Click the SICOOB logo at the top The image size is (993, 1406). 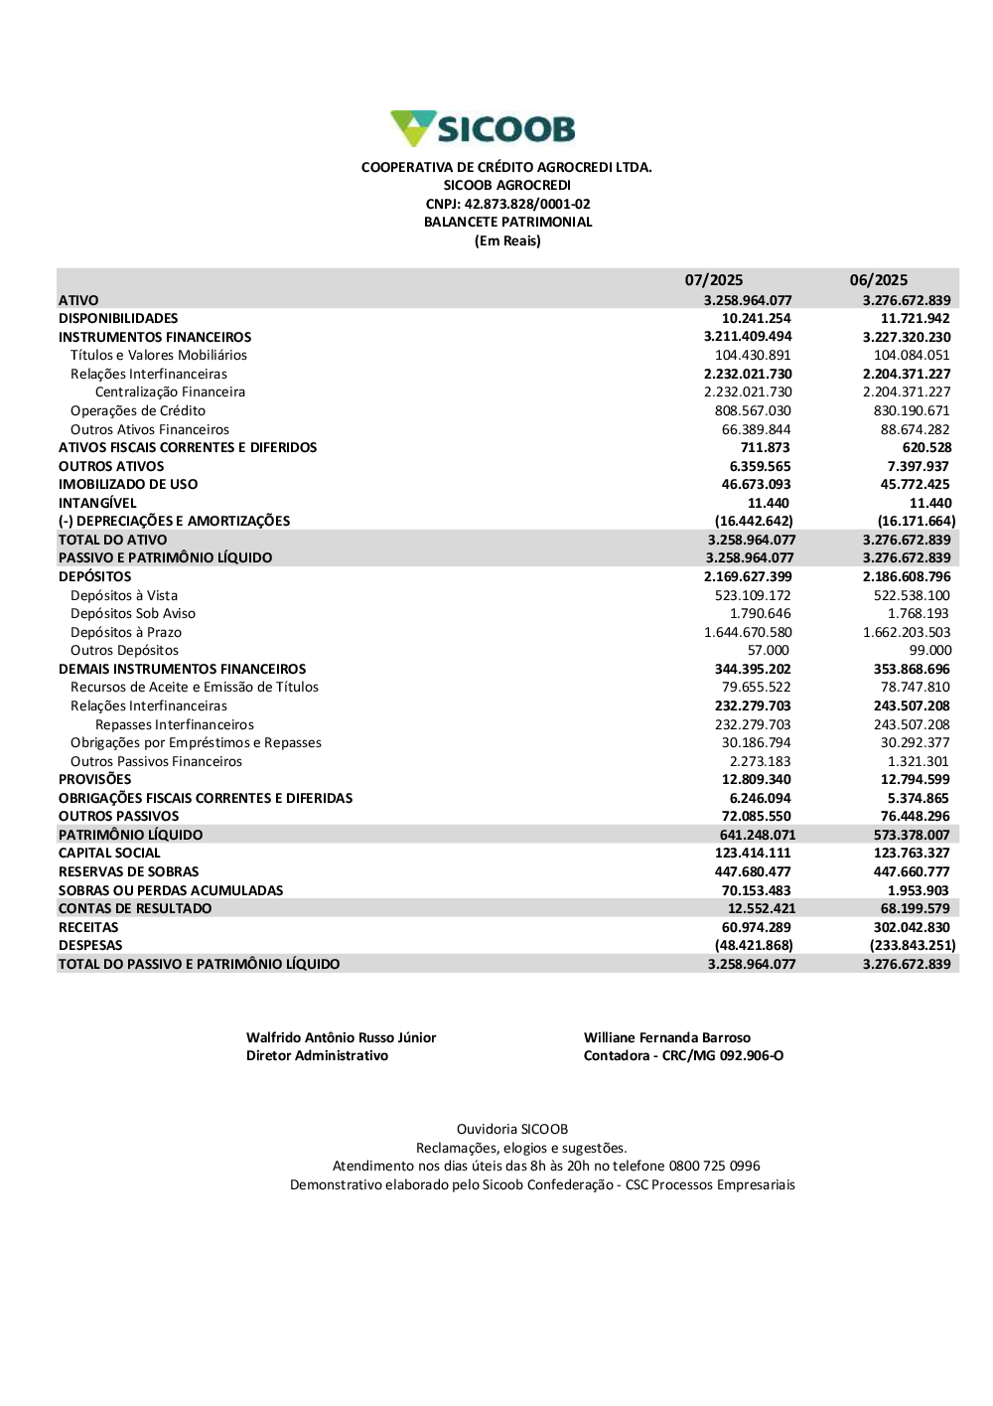(x=484, y=129)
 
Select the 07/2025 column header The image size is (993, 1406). (x=713, y=280)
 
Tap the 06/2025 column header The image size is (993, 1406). (x=878, y=280)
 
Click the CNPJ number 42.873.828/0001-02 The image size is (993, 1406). (x=527, y=204)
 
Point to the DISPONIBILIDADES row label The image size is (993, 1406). (x=118, y=319)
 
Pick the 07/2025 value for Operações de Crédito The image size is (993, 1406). (x=753, y=411)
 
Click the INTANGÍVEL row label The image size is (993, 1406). (x=97, y=504)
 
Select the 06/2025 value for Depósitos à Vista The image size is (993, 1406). (x=912, y=596)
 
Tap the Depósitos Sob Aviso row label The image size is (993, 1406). (x=133, y=614)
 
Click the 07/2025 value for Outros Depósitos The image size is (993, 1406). (x=769, y=651)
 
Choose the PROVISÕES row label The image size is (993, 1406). (x=94, y=780)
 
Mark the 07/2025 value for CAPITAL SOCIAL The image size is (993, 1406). (x=753, y=854)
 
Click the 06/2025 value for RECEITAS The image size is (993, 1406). (x=912, y=928)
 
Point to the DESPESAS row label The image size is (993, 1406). (x=90, y=946)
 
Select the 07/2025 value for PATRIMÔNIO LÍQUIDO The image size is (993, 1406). (x=758, y=836)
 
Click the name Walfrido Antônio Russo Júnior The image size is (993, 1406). (x=341, y=1038)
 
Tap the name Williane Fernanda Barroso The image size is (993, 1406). (x=667, y=1038)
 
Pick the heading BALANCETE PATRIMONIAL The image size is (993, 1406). (x=507, y=223)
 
